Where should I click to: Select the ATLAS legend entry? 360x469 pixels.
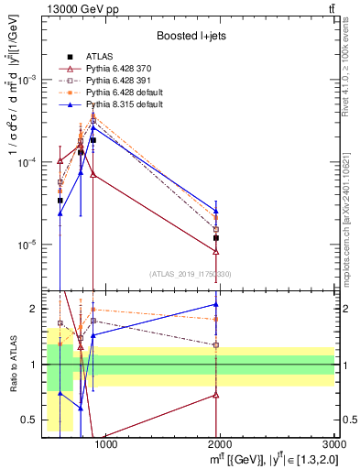(x=99, y=54)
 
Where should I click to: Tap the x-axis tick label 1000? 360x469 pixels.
(x=106, y=446)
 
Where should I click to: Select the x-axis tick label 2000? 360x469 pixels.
(x=221, y=446)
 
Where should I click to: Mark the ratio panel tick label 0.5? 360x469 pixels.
(x=27, y=420)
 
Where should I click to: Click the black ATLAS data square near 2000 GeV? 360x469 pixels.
(x=216, y=237)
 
